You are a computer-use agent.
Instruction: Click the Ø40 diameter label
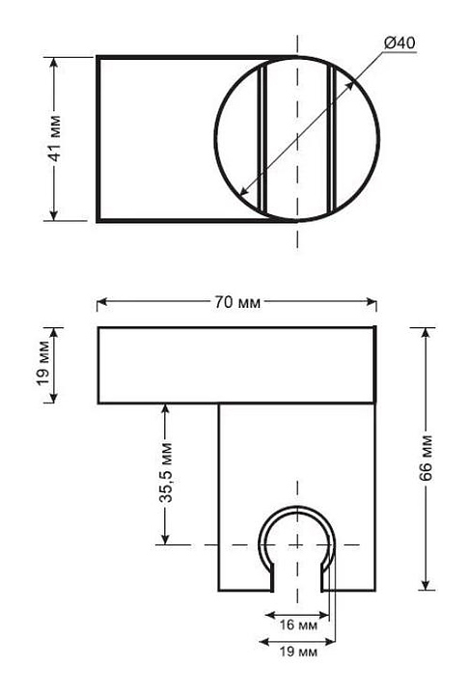tap(400, 43)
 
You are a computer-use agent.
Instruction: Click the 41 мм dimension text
tap(54, 138)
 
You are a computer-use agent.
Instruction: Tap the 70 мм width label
tap(237, 302)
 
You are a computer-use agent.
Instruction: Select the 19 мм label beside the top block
tap(43, 364)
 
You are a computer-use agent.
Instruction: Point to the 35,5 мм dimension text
tap(166, 472)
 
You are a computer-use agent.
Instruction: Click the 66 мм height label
tap(426, 459)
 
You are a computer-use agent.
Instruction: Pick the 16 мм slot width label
tap(298, 625)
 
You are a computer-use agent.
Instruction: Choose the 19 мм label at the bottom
tap(298, 652)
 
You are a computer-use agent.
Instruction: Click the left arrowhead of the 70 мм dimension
tap(102, 302)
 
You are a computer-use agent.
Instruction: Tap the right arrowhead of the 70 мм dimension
tap(372, 302)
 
